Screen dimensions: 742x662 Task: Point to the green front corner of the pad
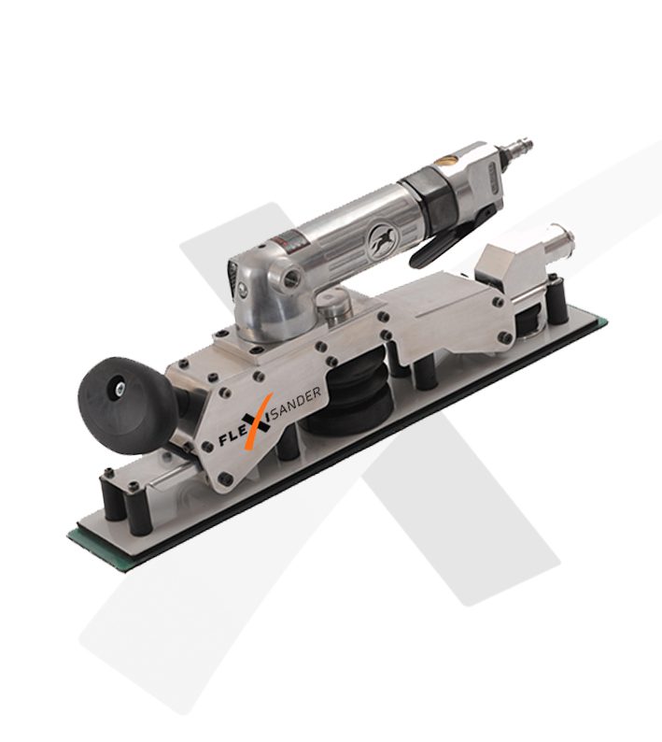[78, 536]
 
